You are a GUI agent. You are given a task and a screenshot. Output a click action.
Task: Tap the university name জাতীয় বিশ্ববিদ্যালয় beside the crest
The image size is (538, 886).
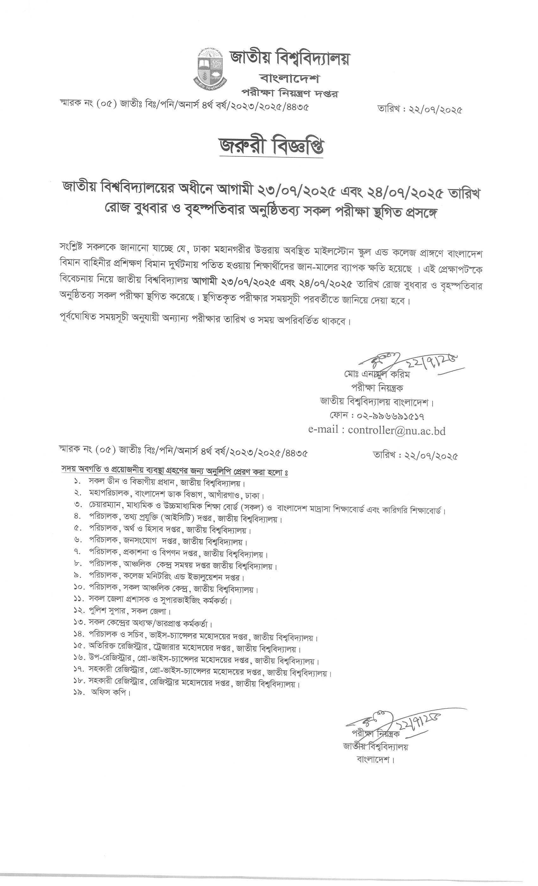(290, 59)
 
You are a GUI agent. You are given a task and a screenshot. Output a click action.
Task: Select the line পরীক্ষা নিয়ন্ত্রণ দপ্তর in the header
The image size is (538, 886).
(290, 93)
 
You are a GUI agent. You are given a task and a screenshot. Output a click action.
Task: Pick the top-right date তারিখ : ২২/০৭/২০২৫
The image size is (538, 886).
(419, 109)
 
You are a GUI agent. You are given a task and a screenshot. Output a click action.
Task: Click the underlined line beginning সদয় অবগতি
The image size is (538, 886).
(175, 471)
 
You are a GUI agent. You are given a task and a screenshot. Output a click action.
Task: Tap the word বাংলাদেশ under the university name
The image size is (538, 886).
(290, 78)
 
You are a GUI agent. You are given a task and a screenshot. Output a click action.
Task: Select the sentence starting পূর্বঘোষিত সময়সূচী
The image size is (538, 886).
(205, 320)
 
